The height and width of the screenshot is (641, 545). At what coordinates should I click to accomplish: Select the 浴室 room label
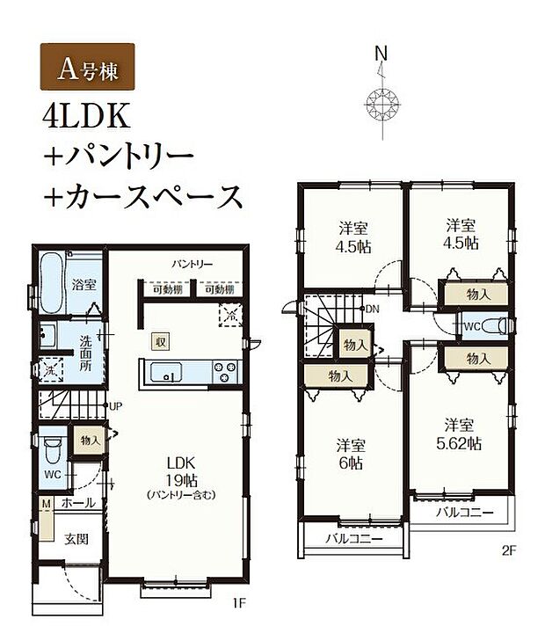(84, 286)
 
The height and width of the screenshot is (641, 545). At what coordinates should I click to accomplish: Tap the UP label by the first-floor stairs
(115, 406)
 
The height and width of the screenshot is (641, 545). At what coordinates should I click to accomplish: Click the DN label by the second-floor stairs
(373, 309)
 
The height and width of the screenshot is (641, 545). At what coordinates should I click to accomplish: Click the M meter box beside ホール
(44, 503)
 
